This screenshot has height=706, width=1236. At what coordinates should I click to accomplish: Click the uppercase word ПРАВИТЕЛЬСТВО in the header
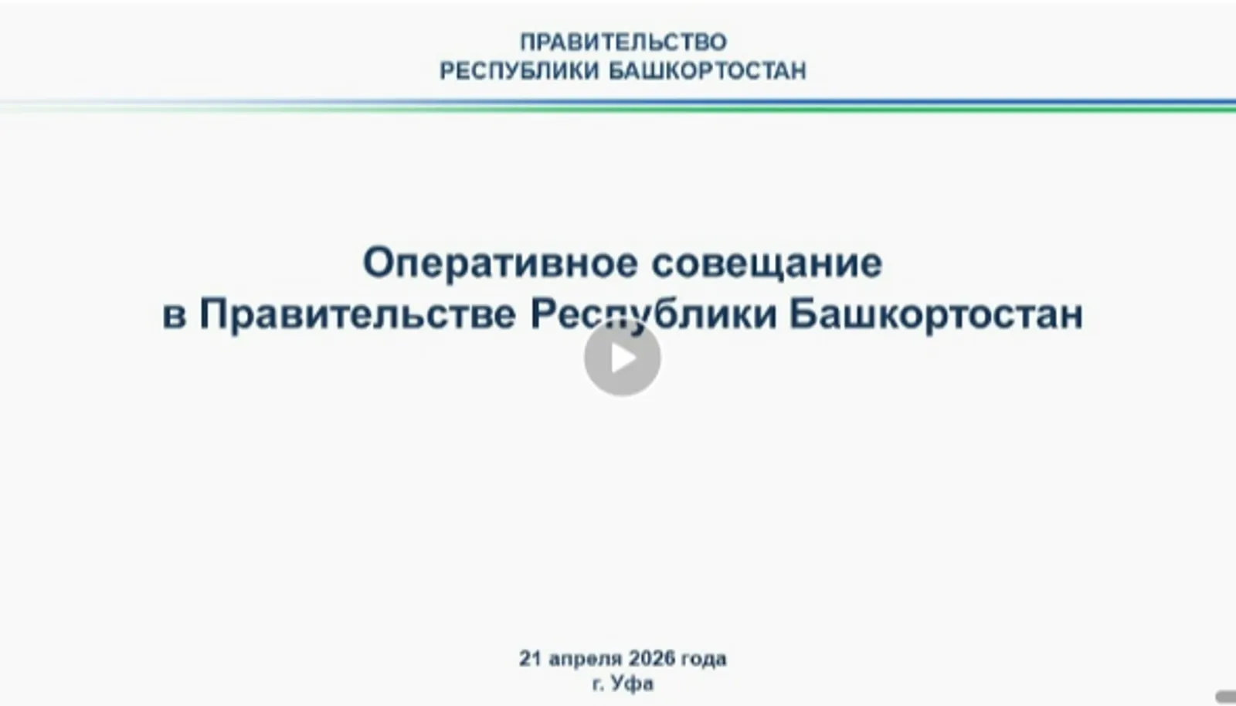point(623,41)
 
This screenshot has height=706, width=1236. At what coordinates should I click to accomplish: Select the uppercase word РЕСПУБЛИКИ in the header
point(519,71)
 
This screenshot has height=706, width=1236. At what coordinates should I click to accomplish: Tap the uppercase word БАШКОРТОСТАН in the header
point(707,71)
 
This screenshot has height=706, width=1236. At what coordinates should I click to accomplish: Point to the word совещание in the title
point(766,263)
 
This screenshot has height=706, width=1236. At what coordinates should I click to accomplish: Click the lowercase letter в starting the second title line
point(174,315)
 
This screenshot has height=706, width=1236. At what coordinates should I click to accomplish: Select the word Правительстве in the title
point(358,315)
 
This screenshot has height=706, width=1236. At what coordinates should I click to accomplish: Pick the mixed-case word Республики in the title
point(654,315)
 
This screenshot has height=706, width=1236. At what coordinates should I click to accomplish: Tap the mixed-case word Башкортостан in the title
point(935,315)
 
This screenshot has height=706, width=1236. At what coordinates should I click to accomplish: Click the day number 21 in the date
point(530,659)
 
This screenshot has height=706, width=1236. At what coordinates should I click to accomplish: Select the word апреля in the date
point(585,659)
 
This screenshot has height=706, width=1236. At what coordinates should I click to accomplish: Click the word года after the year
point(704,659)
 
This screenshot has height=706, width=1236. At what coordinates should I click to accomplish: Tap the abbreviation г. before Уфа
point(599,684)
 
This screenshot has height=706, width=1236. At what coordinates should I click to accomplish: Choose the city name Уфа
point(633,684)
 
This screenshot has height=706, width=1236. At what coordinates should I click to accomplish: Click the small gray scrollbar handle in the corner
point(1226,697)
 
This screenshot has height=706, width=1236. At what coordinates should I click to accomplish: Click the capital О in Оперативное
point(378,263)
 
